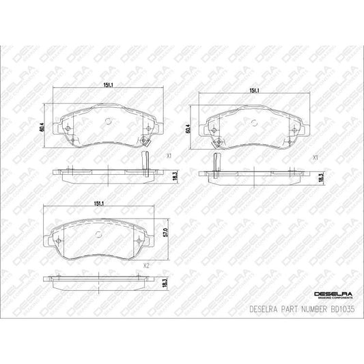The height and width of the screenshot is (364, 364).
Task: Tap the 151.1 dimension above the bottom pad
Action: (x=98, y=204)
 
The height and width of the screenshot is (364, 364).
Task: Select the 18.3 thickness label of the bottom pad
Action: (x=165, y=283)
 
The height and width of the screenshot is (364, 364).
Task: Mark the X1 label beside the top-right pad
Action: (x=316, y=158)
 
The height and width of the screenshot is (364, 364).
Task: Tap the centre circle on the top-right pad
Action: (x=255, y=123)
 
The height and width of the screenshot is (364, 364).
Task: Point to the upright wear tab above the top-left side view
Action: (x=144, y=161)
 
